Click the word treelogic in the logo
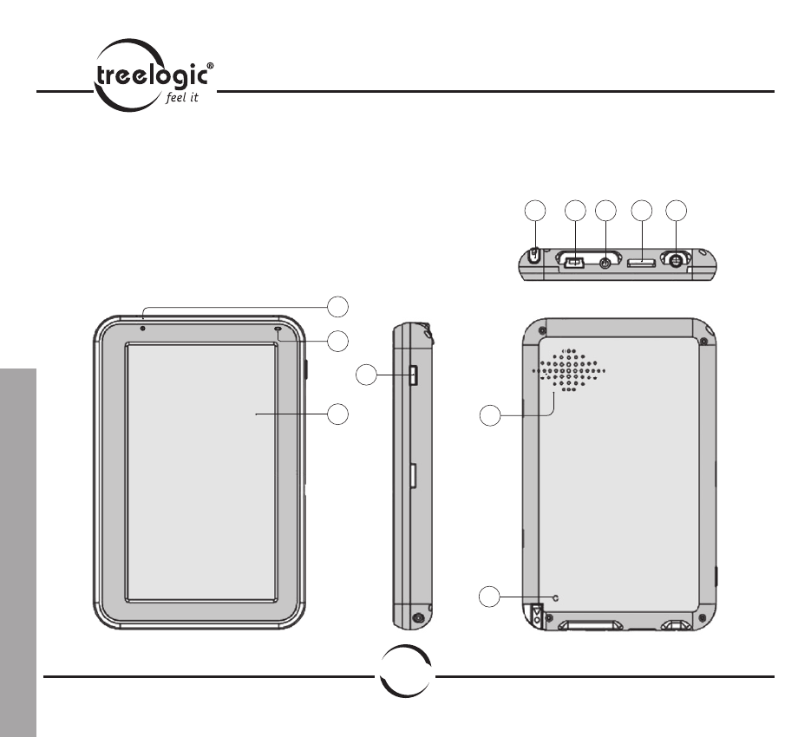pyautogui.click(x=153, y=76)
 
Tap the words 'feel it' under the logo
pyautogui.click(x=182, y=97)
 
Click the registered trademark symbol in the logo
pyautogui.click(x=210, y=66)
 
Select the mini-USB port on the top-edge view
pyautogui.click(x=574, y=263)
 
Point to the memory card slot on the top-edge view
pyautogui.click(x=641, y=264)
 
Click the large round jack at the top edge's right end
pyautogui.click(x=676, y=261)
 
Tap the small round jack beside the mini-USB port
pyautogui.click(x=604, y=263)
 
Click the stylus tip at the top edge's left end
pyautogui.click(x=535, y=255)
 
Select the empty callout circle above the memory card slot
pyautogui.click(x=642, y=211)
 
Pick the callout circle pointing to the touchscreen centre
pyautogui.click(x=337, y=414)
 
